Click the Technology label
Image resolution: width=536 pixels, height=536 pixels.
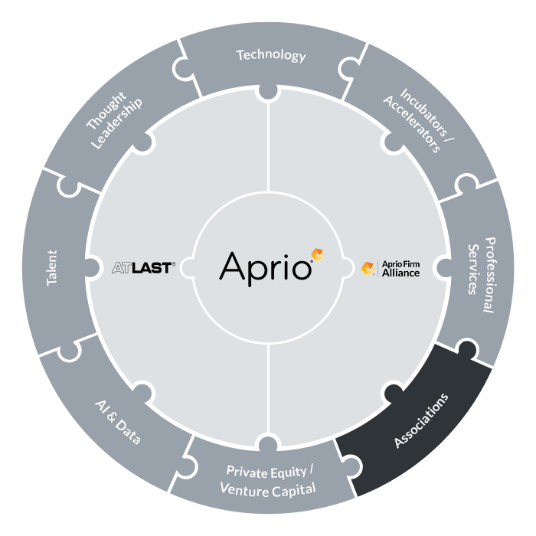click(271, 55)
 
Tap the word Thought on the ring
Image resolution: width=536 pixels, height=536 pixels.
click(106, 110)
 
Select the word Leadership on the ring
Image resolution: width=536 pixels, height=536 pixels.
click(117, 123)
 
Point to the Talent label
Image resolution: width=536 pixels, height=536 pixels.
click(52, 268)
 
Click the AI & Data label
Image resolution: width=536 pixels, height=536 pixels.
click(118, 422)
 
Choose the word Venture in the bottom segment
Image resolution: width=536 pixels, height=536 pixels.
click(244, 489)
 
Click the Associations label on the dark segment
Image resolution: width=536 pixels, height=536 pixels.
click(421, 420)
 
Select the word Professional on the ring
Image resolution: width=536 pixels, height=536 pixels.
click(489, 275)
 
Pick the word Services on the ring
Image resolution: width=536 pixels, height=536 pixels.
click(472, 269)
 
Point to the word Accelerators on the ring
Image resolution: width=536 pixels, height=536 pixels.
click(412, 124)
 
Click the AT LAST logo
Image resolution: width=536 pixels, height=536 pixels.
click(144, 268)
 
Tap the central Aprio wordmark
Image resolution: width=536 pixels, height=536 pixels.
click(266, 269)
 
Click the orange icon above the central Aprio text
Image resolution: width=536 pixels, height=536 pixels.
click(317, 255)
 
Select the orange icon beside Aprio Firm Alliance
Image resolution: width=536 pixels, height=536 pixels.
click(368, 268)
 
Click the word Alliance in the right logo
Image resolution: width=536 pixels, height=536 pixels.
click(400, 273)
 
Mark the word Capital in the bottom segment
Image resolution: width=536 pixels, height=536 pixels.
click(293, 491)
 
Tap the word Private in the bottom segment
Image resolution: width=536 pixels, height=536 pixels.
click(247, 472)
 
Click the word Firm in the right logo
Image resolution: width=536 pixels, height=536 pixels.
click(411, 264)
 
